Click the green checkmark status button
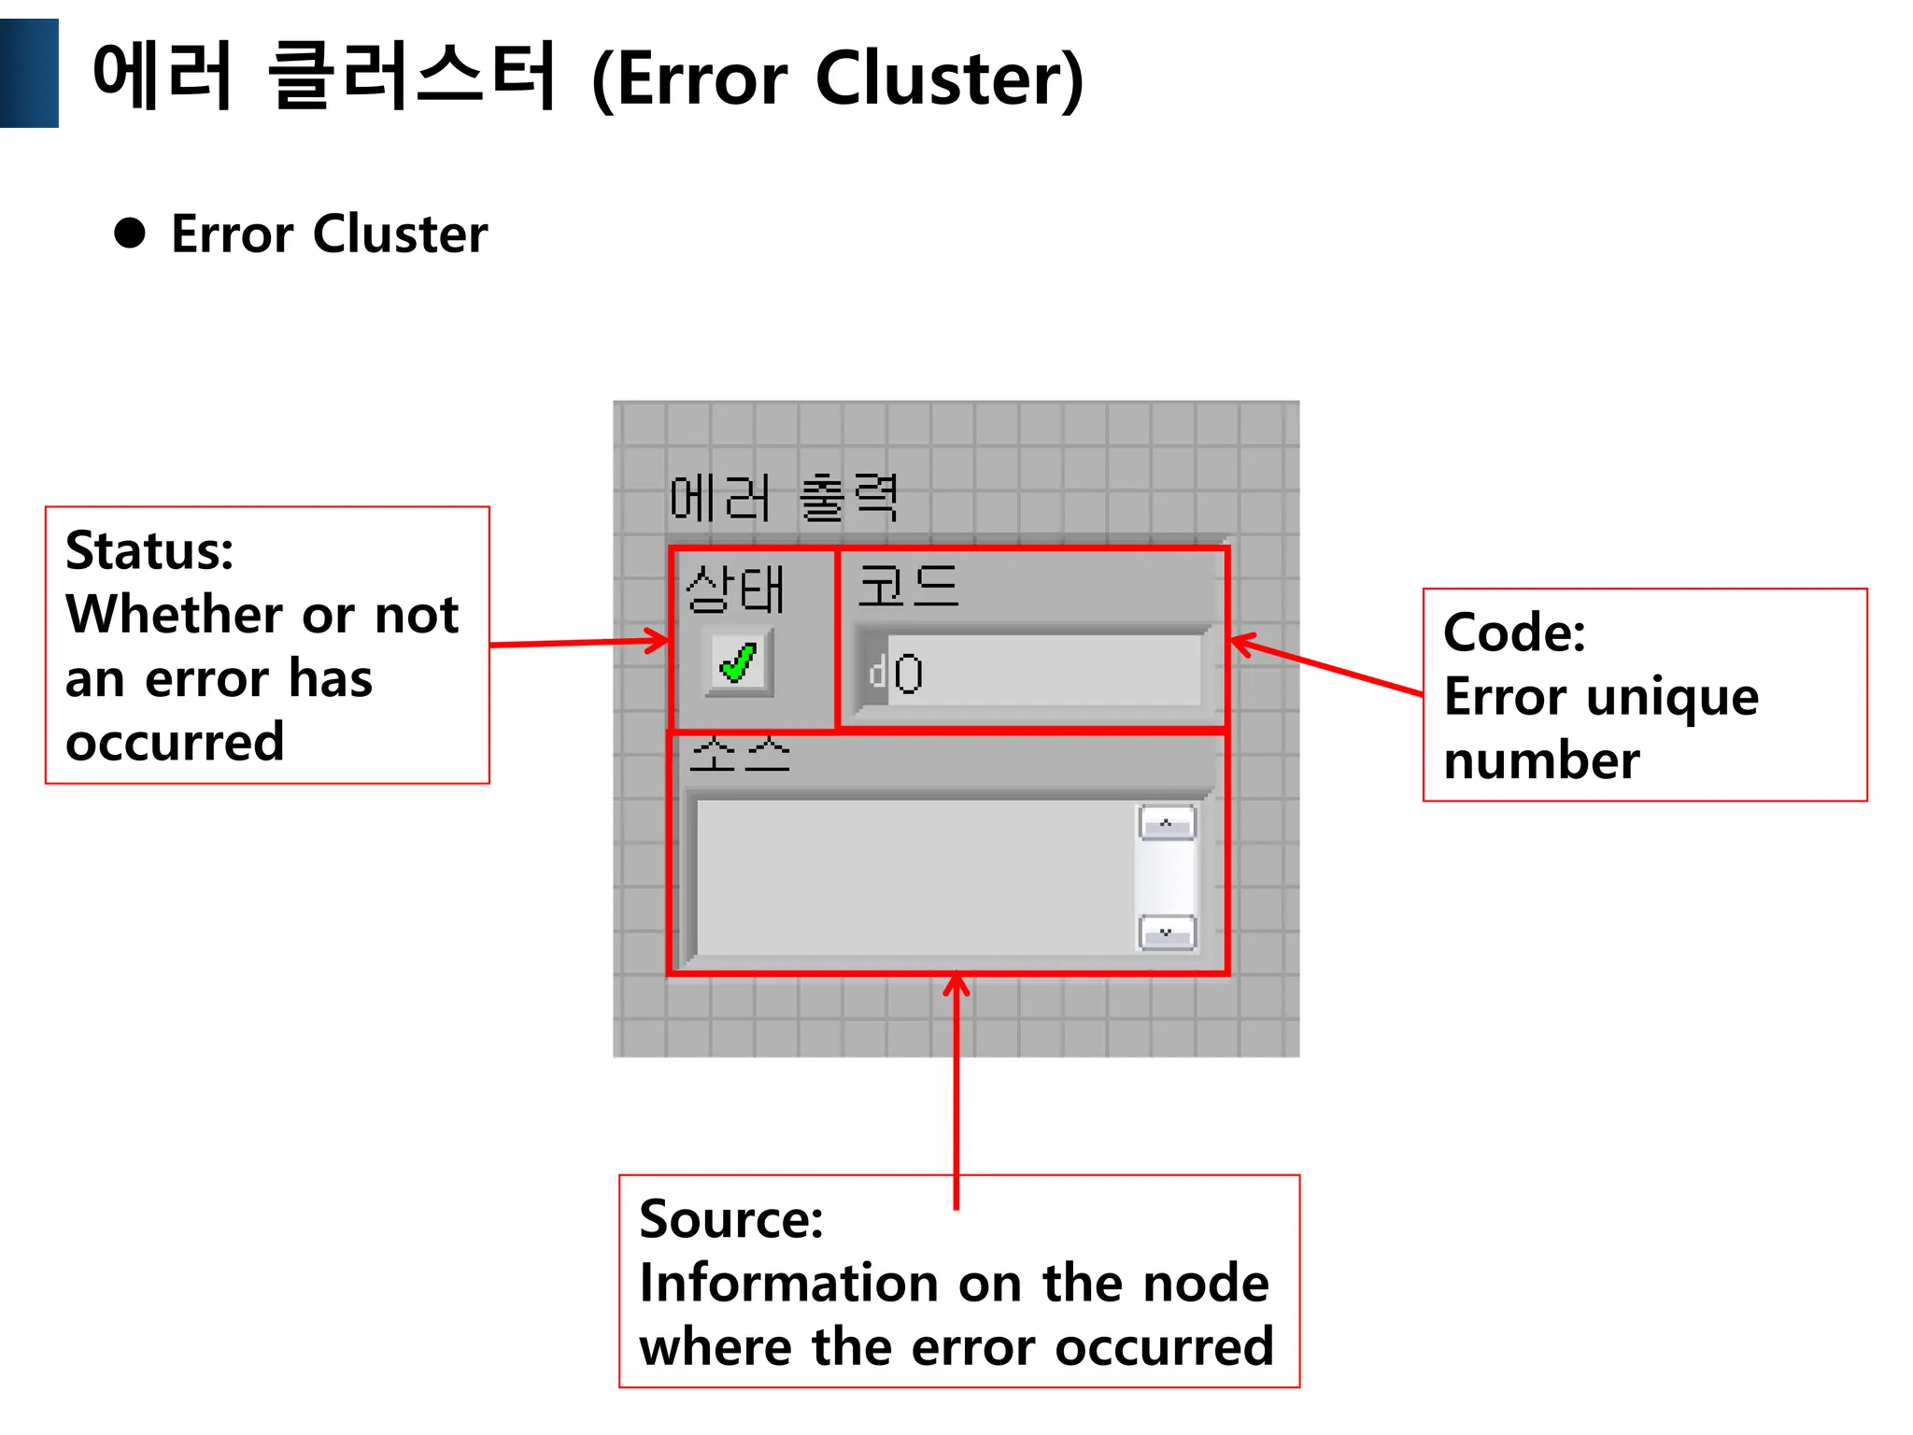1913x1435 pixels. (739, 664)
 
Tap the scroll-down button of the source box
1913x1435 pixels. (1167, 932)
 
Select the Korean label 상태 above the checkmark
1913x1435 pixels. (734, 590)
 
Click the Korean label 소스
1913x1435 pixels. (739, 755)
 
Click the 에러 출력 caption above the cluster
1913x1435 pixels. (784, 497)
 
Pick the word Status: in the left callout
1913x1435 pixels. (149, 550)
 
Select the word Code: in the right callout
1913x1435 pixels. (1514, 632)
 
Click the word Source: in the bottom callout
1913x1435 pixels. (731, 1219)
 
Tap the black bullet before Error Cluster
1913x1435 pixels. (130, 234)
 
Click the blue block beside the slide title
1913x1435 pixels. (29, 73)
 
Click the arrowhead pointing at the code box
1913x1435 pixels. (1241, 644)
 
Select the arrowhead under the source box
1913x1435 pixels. (956, 986)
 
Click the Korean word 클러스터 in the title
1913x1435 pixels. (411, 77)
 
